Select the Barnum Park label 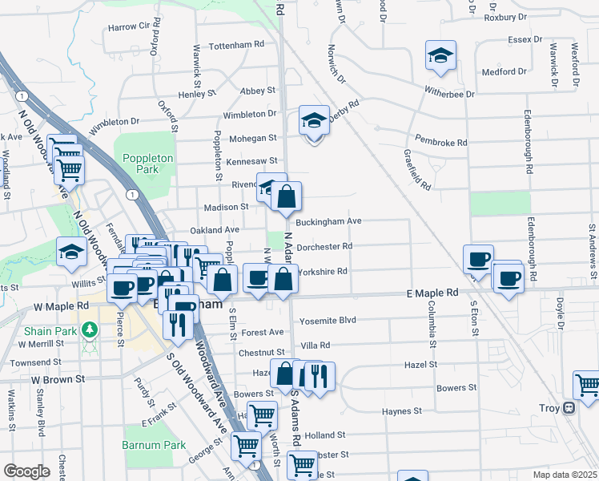154,445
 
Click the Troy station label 548,408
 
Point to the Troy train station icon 569,408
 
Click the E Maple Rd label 432,294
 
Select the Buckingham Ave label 329,221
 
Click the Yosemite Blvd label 327,321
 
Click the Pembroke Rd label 440,143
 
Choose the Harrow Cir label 129,26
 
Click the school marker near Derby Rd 314,121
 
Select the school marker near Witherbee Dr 440,55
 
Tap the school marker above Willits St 71,252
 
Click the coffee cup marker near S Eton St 479,259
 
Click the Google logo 26,471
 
